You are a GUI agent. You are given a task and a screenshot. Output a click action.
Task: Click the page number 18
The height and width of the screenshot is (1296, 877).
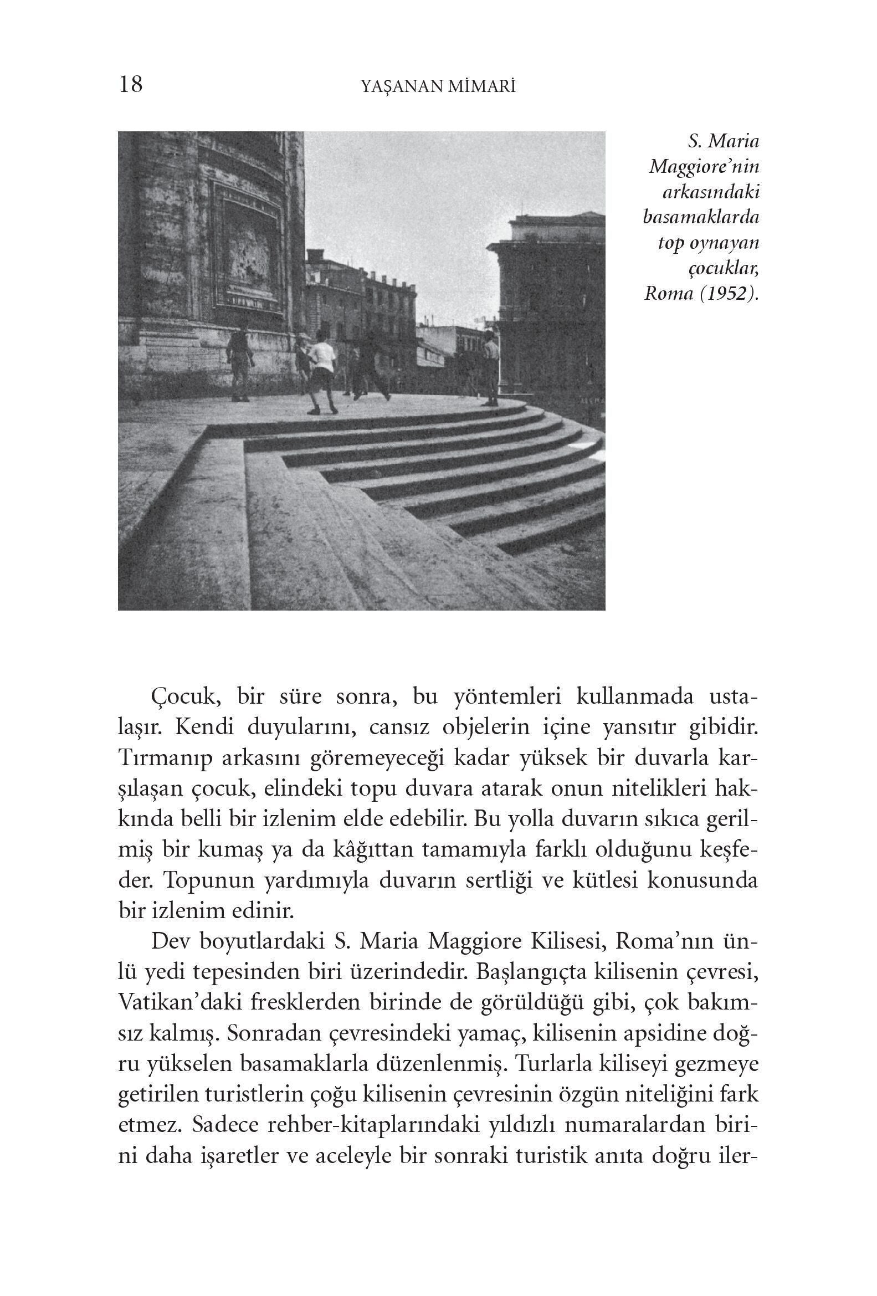130,85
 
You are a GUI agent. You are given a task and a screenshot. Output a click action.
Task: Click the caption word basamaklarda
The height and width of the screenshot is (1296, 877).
701,218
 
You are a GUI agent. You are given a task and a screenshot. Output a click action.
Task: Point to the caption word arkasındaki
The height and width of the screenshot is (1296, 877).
711,192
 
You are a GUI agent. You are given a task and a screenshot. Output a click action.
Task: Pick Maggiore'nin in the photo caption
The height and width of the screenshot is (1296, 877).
704,167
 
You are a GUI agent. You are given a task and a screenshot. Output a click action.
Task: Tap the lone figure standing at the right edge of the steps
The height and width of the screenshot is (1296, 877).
491,368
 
